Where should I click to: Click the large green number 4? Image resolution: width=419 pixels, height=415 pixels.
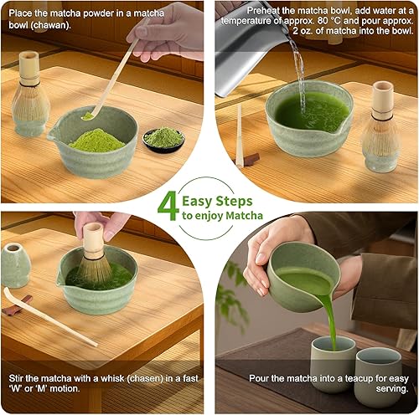(168, 206)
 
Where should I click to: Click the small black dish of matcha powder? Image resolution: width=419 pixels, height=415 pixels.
(163, 141)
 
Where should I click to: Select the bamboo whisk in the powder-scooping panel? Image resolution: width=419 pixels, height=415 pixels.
(30, 94)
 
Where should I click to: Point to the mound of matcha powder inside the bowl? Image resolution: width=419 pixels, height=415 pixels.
(96, 141)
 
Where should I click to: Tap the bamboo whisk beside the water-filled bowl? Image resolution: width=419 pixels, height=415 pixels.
(382, 126)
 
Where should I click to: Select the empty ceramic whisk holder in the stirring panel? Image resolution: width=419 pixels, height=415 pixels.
(15, 265)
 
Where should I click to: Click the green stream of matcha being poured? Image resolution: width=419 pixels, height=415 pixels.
(330, 320)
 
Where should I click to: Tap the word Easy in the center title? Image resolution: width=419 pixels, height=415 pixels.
(198, 202)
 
